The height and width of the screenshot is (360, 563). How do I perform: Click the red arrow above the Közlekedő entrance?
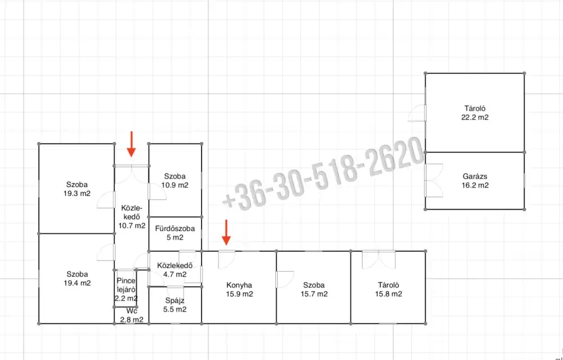(131, 144)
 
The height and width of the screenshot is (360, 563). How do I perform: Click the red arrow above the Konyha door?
(226, 233)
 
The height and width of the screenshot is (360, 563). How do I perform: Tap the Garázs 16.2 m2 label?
(475, 181)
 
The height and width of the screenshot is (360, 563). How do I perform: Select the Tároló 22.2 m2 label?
(475, 113)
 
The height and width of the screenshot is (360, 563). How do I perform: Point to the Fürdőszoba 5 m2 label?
(175, 233)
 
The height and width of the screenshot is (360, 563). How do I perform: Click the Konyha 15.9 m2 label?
(239, 290)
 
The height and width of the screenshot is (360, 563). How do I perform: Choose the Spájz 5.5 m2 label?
(175, 305)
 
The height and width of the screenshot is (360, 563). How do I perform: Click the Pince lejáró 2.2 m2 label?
(126, 290)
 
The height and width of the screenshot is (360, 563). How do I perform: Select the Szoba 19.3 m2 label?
(77, 189)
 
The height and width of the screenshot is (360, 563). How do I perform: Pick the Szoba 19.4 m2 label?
(77, 279)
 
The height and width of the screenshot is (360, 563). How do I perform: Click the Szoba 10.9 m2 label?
(175, 181)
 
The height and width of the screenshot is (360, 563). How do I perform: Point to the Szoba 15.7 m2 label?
(314, 290)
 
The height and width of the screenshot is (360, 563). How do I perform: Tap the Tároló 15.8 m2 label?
(388, 290)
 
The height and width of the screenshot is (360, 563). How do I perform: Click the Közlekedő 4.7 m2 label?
(175, 270)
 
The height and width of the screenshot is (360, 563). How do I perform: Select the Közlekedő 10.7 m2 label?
(132, 217)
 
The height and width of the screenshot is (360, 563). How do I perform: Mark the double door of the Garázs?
(434, 180)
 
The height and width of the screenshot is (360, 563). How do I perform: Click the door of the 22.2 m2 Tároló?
(417, 113)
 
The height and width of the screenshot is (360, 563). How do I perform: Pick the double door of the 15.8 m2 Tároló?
(379, 259)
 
